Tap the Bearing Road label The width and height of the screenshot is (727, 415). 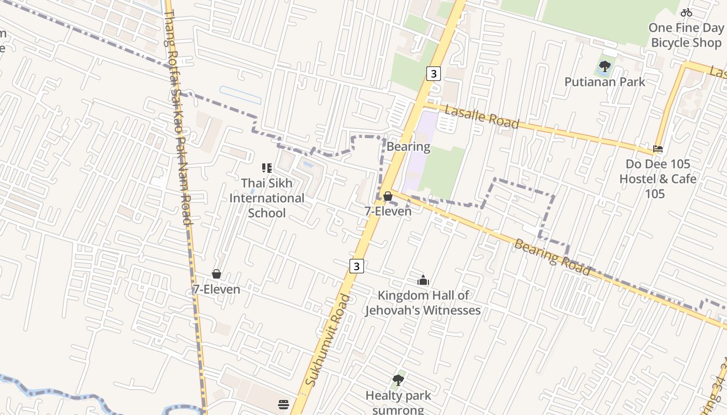coord(551,256)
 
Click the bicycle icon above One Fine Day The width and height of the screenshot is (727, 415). coord(686,12)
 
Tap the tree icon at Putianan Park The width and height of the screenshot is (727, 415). coord(604,66)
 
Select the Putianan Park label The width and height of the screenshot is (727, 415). coord(604,82)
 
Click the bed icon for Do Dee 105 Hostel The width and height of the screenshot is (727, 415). coord(658,149)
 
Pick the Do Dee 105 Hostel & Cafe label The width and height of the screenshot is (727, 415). coord(657,179)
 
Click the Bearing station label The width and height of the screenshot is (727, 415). coord(409,147)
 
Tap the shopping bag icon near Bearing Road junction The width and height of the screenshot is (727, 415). coord(387,196)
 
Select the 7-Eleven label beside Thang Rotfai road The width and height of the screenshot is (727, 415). coord(217,289)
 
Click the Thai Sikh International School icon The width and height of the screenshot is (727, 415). coord(266,168)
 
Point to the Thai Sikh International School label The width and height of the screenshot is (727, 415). coord(267,198)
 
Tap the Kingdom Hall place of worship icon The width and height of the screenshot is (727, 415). coord(423,281)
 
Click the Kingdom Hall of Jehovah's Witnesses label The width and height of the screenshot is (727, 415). coord(423,303)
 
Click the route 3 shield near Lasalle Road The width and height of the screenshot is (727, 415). coord(433,74)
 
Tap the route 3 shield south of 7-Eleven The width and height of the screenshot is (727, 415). coord(356,266)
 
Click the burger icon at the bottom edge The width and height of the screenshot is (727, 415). coord(284,405)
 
